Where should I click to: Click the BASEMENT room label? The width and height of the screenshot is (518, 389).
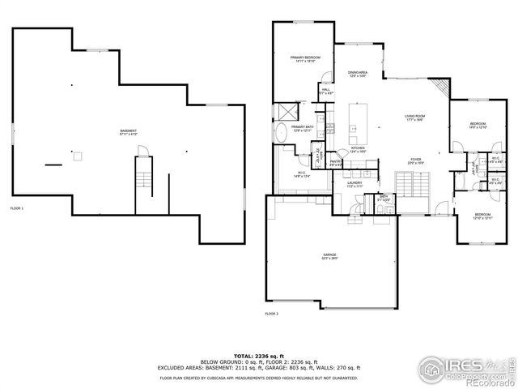(128, 133)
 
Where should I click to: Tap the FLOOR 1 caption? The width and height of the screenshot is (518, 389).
(17, 209)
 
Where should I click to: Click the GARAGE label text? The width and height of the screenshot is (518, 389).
(331, 257)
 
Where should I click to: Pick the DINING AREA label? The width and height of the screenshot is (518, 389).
(358, 75)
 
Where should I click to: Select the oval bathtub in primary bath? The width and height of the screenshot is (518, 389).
(282, 134)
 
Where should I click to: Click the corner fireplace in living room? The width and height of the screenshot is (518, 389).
(439, 87)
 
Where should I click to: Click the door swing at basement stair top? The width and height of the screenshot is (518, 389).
(142, 152)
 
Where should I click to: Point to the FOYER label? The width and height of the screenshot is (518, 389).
(415, 160)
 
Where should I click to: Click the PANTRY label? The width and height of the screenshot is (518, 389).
(335, 164)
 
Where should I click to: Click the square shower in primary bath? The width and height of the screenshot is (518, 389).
(286, 111)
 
